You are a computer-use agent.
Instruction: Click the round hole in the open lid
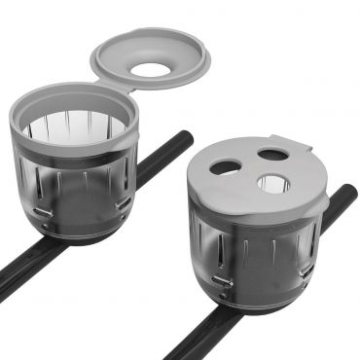151,69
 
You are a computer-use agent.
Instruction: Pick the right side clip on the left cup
124,201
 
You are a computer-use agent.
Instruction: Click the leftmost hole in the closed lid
223,166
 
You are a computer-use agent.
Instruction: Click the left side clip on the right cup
223,281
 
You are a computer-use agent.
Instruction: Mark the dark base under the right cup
268,306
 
